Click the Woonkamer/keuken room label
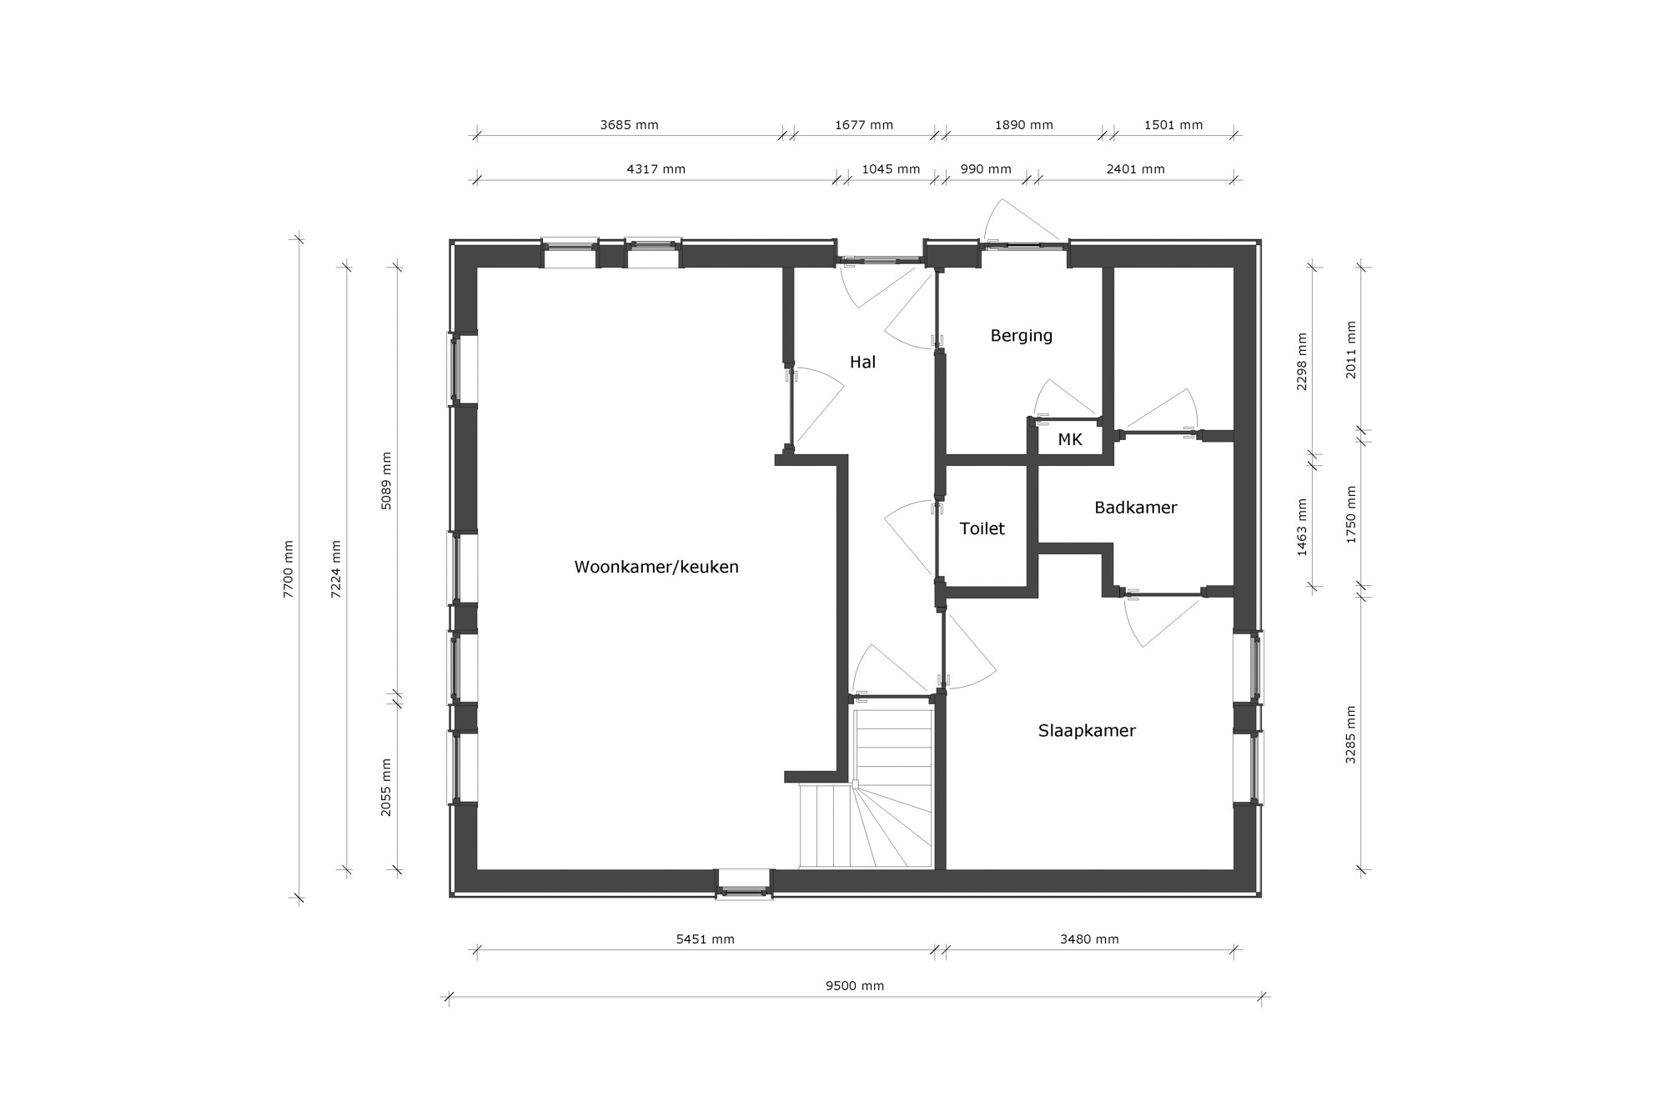656,568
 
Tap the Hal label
862,362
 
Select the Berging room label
1021,336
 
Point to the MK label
1070,439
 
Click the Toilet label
982,528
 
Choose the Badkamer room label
1135,508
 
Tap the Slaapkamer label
1087,731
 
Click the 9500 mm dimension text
855,986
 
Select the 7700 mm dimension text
289,569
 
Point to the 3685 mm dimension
629,125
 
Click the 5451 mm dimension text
705,939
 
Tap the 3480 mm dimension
1089,939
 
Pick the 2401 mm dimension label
1135,169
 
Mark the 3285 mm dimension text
1351,735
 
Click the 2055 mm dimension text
386,787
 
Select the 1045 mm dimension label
891,169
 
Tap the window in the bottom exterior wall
744,883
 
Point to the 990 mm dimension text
986,169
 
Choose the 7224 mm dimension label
336,569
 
